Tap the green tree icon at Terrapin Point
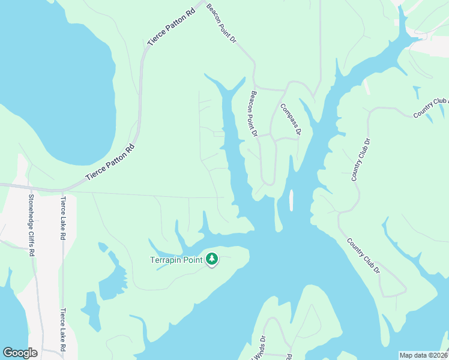211,259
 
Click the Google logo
20,353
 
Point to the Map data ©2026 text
423,355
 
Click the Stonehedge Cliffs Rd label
31,226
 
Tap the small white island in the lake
291,200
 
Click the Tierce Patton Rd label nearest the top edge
172,28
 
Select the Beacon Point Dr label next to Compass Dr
254,113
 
